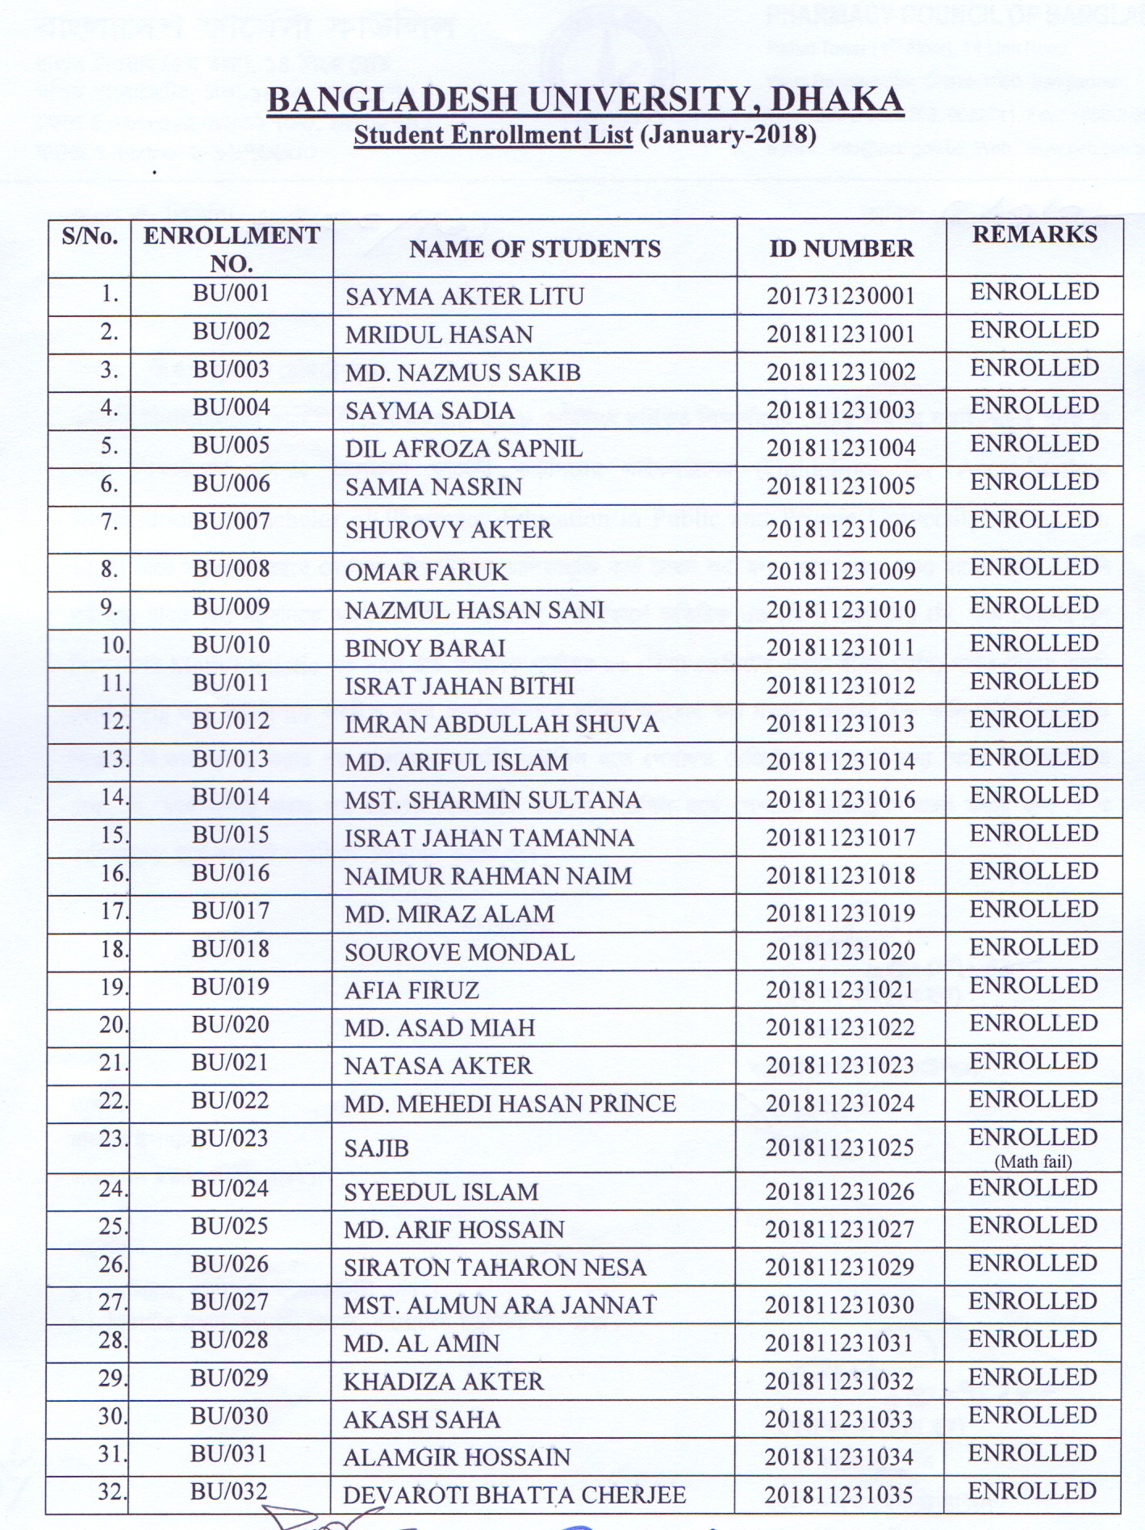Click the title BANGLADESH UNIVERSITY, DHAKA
click(584, 100)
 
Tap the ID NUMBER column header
click(841, 249)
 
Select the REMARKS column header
click(1034, 234)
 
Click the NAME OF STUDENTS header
click(534, 249)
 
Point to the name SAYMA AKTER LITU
click(464, 297)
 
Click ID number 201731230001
click(841, 296)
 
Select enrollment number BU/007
click(231, 522)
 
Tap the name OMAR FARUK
click(426, 572)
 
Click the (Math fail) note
click(1033, 1162)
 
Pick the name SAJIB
click(376, 1148)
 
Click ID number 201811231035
click(839, 1494)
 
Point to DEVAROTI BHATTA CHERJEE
click(514, 1495)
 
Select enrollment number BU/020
click(230, 1025)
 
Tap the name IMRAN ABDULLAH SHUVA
click(501, 725)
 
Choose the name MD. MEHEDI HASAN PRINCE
click(509, 1104)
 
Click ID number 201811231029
click(839, 1267)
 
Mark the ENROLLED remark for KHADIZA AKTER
click(1033, 1377)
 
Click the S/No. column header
click(90, 236)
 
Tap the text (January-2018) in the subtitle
click(728, 135)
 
